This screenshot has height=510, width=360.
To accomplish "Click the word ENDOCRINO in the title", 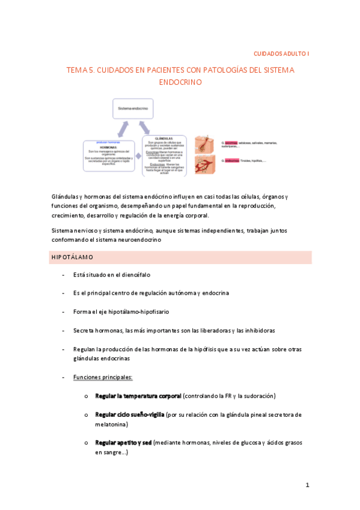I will [180, 82].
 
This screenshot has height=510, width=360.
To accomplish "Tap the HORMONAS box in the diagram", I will [108, 154].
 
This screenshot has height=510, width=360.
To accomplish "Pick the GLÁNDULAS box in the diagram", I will [164, 155].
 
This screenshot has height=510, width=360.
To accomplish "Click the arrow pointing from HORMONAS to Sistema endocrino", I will [121, 127].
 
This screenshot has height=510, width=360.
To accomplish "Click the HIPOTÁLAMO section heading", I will [72, 257].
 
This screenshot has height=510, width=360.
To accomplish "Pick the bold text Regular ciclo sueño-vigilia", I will [130, 415].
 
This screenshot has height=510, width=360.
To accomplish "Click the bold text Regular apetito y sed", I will [123, 443].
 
